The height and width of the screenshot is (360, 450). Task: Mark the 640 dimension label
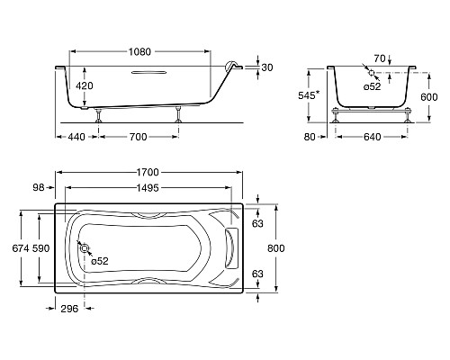click(373, 138)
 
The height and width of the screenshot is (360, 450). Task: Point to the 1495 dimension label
click(152, 188)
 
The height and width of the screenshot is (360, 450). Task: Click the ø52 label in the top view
click(100, 262)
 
